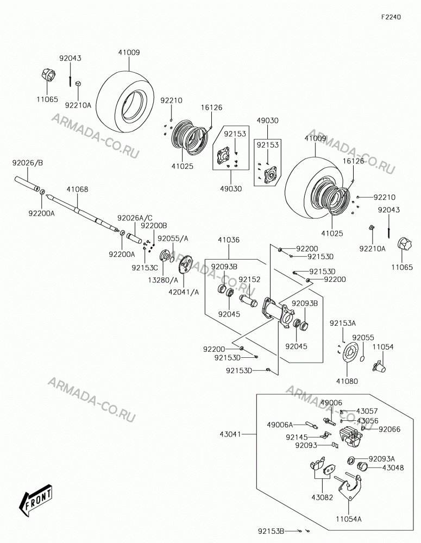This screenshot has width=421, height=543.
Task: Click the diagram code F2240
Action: [x=391, y=17]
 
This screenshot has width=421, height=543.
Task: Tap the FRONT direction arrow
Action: [x=36, y=499]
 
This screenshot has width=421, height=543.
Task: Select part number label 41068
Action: [x=78, y=190]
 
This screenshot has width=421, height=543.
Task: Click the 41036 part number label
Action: [x=229, y=239]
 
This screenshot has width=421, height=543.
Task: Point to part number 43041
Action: [x=231, y=434]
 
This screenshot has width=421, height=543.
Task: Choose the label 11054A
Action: [x=349, y=519]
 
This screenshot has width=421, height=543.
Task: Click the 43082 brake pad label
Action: [x=322, y=497]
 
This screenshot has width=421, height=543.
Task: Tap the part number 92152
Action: [x=249, y=280]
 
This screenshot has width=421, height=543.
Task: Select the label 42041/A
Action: [x=184, y=292]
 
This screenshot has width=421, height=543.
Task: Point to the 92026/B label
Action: [x=28, y=163]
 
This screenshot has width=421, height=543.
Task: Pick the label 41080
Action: [x=347, y=381]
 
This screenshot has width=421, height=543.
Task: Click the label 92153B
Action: [x=271, y=531]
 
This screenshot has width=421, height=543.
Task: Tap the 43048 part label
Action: [x=384, y=468]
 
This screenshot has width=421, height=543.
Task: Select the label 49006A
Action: [x=280, y=425]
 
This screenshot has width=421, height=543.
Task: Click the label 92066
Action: [x=389, y=429]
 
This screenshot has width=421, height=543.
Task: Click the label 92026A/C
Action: [x=135, y=218]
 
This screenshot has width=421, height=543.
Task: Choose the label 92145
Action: [x=297, y=437]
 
